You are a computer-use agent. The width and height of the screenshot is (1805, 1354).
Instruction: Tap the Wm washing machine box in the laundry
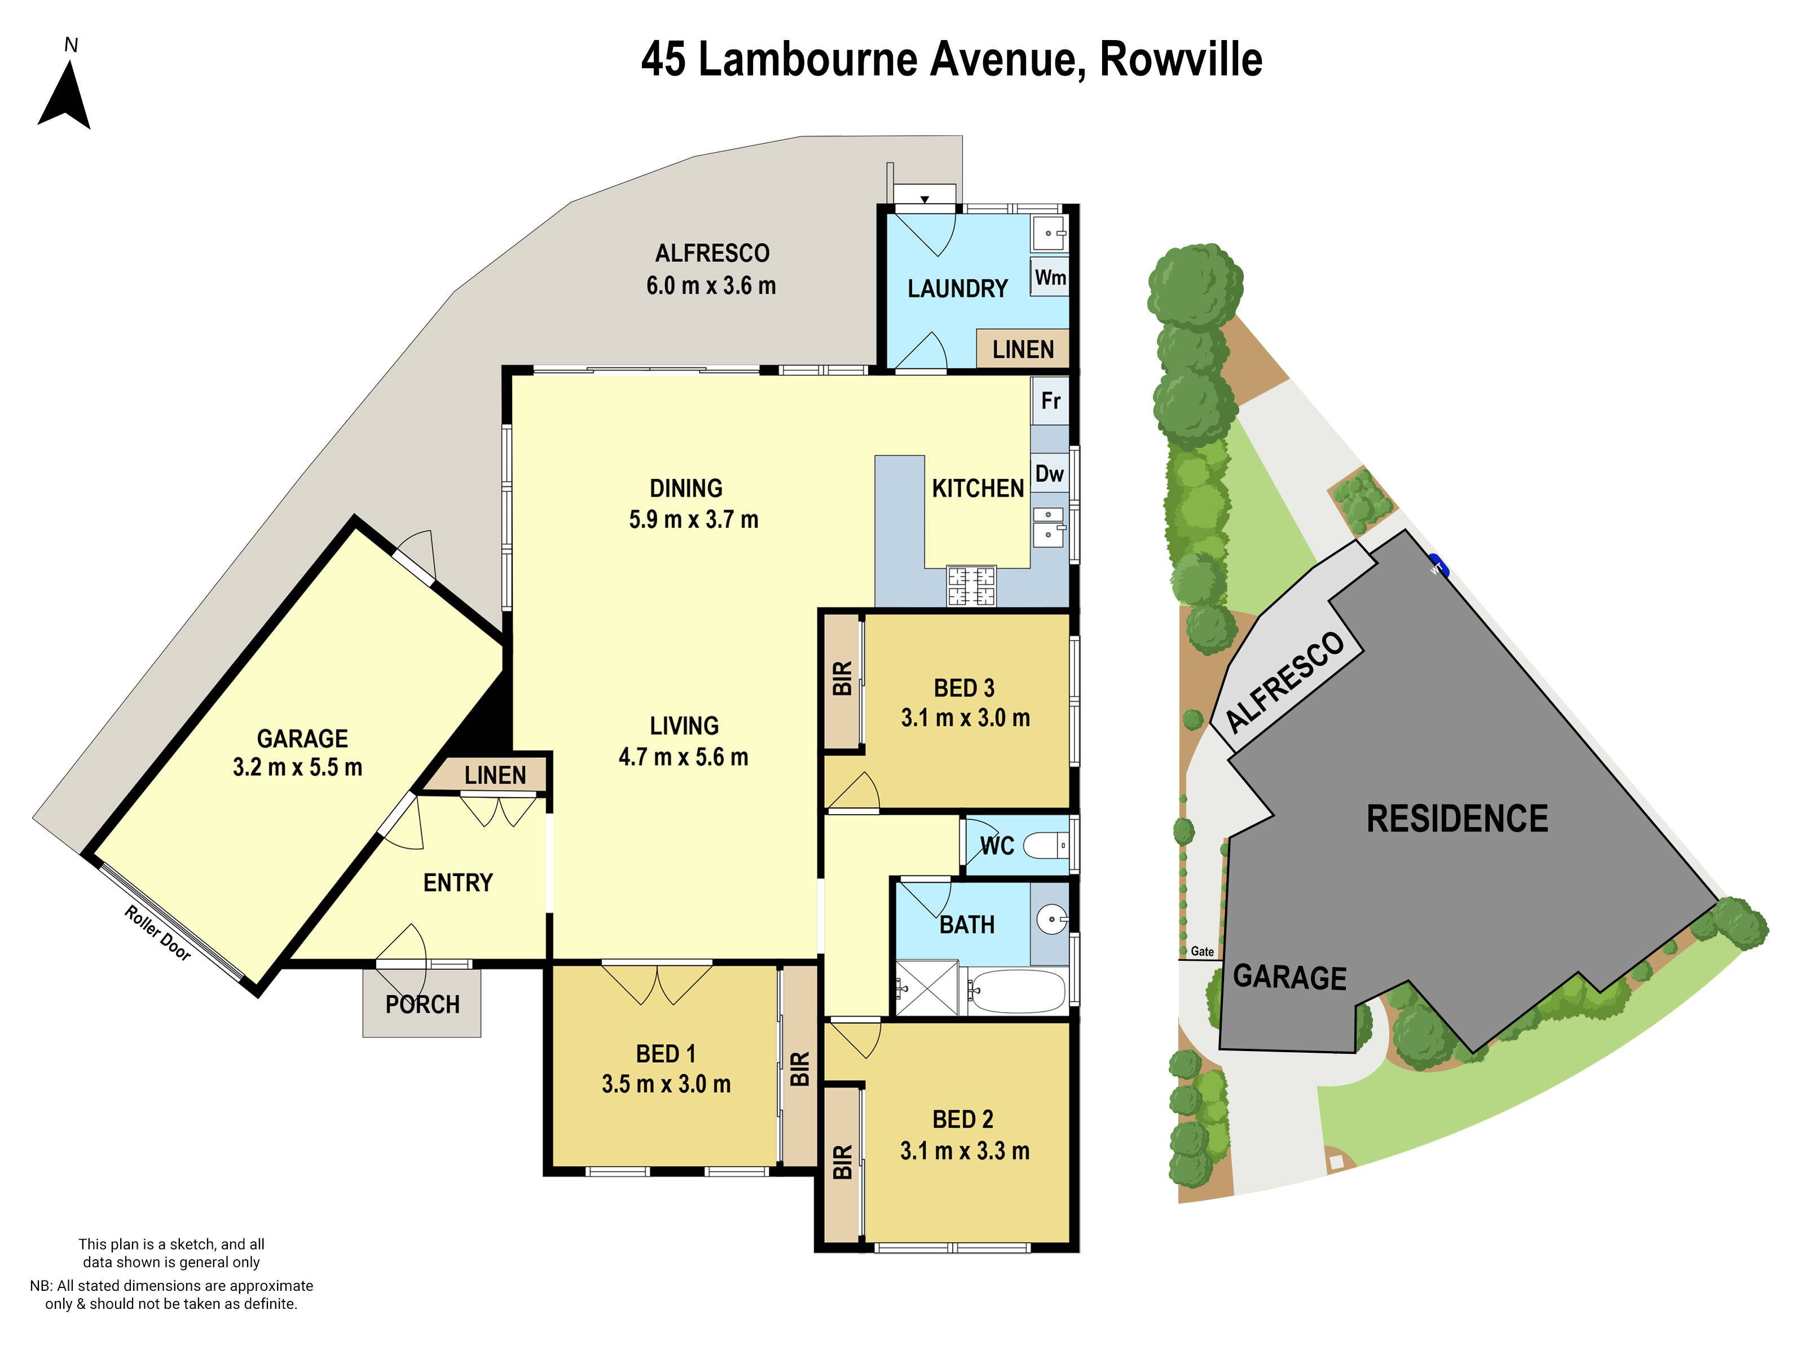[1049, 278]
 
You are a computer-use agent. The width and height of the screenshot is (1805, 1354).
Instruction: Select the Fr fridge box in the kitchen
[1050, 401]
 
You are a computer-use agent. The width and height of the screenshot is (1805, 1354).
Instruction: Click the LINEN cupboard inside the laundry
[1023, 349]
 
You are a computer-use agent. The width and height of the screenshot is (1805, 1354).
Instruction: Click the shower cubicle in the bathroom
[927, 988]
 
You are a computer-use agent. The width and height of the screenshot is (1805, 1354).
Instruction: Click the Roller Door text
[157, 933]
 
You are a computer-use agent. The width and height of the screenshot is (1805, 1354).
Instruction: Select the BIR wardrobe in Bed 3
[842, 679]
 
